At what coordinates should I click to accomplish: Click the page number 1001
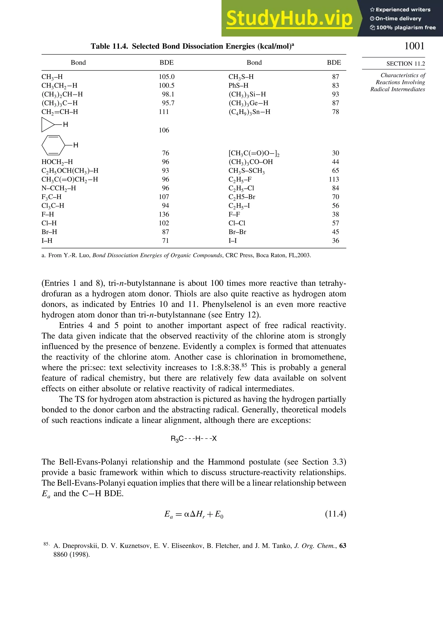tap(414, 46)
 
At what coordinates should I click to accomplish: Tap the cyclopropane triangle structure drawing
tap(48, 125)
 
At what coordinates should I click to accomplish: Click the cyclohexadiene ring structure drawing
tap(53, 145)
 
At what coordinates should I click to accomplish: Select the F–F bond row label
tap(234, 214)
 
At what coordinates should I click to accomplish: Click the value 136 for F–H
tap(164, 214)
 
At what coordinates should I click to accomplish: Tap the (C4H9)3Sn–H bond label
tap(249, 112)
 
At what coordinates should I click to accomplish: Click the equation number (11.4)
tap(335, 514)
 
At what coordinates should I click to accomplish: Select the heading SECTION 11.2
tap(405, 64)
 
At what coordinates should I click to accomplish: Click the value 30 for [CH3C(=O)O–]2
tap(335, 153)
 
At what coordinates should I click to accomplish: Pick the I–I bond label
tap(232, 241)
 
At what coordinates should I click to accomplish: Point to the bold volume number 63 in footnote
tap(342, 546)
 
